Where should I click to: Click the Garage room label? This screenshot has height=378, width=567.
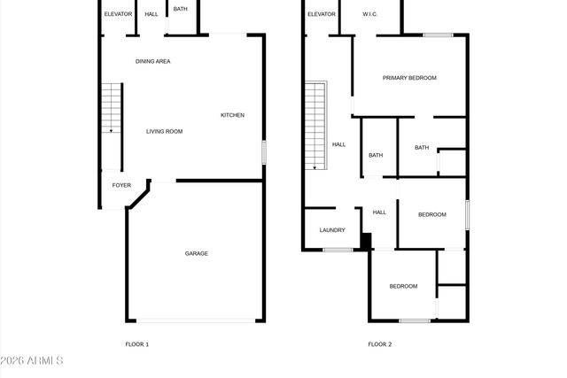(196, 254)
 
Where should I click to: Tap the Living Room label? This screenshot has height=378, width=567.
(164, 132)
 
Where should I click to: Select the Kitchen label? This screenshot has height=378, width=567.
(232, 115)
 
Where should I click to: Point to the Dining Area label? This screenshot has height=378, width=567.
(152, 61)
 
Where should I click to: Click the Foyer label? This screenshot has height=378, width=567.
(121, 186)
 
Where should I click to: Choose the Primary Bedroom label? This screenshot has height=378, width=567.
(409, 78)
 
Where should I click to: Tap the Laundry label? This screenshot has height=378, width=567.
(332, 231)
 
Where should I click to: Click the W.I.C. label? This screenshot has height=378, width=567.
(370, 14)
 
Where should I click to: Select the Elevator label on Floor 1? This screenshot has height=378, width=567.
(118, 14)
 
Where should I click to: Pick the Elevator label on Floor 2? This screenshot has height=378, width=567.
(322, 14)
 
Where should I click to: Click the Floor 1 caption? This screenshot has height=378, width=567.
(136, 343)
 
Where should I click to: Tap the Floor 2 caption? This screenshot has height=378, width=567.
(379, 343)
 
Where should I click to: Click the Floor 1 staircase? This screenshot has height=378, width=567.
(111, 108)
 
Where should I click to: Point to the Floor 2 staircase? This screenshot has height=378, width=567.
(316, 125)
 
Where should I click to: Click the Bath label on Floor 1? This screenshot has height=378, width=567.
(180, 9)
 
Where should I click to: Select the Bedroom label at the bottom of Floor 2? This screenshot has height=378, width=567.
(403, 286)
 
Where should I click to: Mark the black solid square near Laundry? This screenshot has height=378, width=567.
(364, 240)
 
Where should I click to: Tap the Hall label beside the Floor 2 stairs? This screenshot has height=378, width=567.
(338, 144)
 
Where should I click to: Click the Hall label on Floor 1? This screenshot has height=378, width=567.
(151, 14)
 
